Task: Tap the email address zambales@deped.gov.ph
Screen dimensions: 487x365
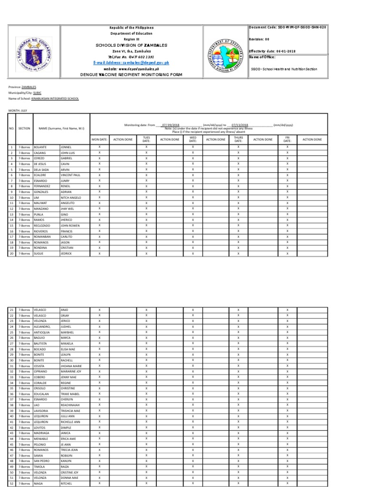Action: click(138, 63)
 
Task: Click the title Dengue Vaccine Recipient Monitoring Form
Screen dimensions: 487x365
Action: click(138, 75)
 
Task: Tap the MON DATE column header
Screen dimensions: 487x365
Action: click(99, 140)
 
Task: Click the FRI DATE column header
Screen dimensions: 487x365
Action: click(287, 139)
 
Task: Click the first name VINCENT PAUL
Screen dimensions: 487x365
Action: click(70, 175)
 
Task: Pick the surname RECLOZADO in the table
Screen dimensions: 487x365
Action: click(43, 225)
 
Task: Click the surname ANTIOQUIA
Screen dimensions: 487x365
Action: click(43, 332)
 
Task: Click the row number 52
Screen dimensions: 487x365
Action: click(11, 483)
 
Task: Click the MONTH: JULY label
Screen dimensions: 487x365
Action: click(18, 110)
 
